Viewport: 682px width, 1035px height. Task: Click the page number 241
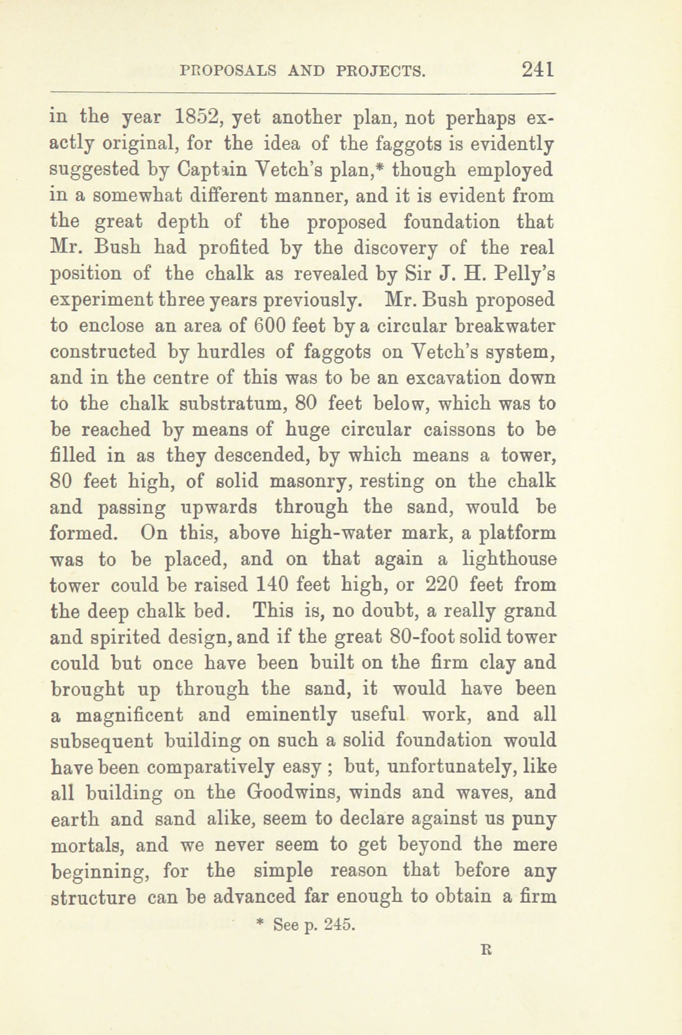537,68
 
